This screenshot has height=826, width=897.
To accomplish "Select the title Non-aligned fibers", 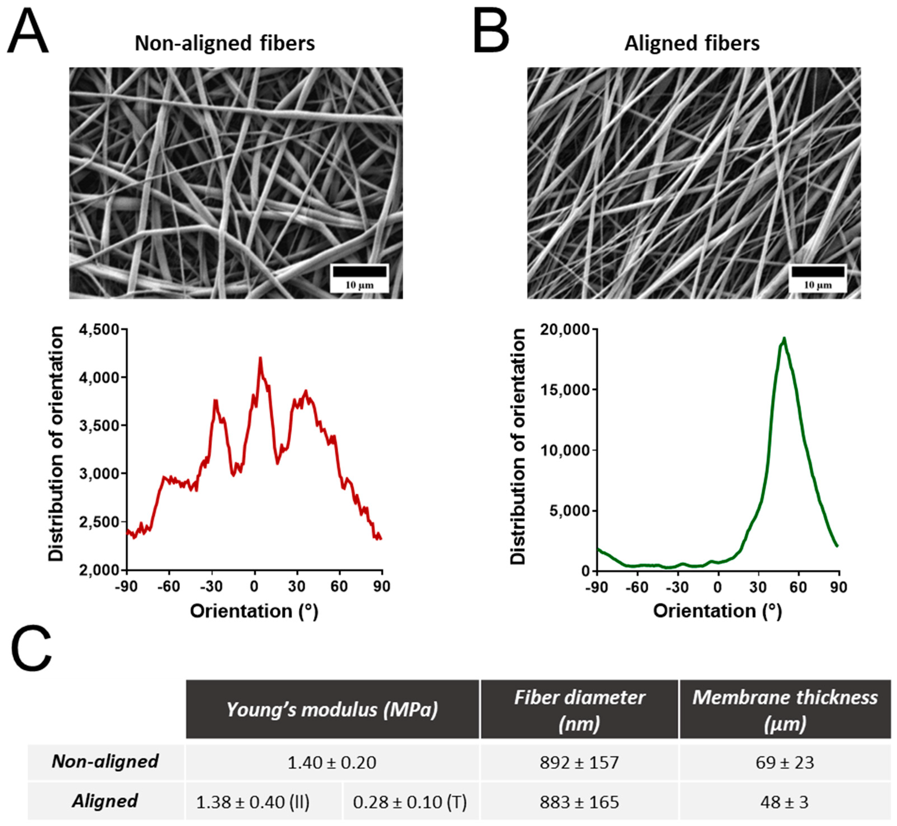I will (225, 43).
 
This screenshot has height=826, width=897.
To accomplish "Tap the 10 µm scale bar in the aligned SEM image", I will (817, 271).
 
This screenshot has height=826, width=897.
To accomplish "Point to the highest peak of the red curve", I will (260, 358).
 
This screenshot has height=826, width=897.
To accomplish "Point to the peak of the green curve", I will (783, 339).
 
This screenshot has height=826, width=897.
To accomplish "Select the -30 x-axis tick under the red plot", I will (211, 587).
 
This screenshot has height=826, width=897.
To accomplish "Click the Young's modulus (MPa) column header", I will (332, 710).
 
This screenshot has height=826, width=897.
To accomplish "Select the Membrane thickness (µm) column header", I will (785, 710).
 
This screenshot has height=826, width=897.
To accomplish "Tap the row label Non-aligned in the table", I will (105, 761).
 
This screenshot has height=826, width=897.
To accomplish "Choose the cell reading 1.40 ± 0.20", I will (332, 763).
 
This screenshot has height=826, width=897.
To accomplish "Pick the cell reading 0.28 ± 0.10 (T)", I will (410, 802).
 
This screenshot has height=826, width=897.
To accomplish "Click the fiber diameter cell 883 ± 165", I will (579, 802).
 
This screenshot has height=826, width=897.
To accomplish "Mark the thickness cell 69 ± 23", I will (785, 763).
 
